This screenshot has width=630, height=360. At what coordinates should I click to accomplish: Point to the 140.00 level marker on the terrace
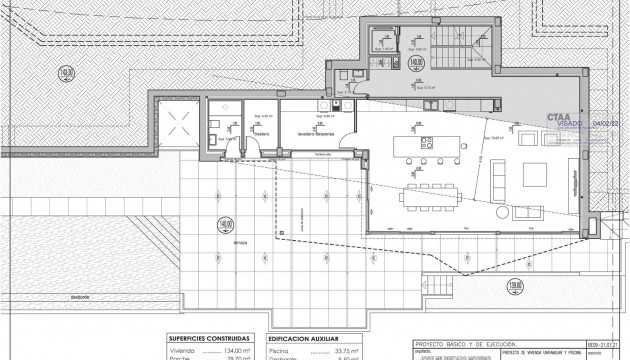pos(227,224)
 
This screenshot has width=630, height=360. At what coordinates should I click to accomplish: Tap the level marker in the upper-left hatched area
pos(39,72)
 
